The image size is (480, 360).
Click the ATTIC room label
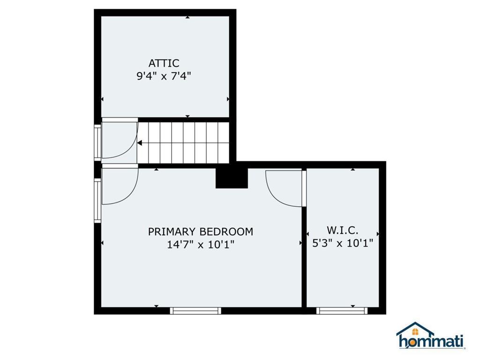(x=164, y=63)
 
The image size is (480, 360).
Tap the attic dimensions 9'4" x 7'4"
(x=164, y=76)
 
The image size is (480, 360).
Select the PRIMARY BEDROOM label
(x=201, y=232)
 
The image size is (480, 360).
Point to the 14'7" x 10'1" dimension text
(x=201, y=245)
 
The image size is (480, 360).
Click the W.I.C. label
(x=343, y=230)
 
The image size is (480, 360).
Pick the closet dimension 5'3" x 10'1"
(x=343, y=243)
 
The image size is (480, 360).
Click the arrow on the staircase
(x=140, y=143)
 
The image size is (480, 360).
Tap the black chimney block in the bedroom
(x=231, y=178)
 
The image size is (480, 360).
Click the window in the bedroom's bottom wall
(x=195, y=310)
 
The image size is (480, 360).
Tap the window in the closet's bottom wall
(x=342, y=310)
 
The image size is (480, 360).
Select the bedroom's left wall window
(x=97, y=200)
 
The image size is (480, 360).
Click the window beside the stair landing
(x=97, y=142)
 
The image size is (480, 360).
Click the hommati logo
(x=431, y=341)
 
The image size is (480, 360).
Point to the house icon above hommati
(x=415, y=329)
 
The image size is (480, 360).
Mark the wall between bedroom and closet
(x=304, y=253)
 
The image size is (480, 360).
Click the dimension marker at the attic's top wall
(x=187, y=17)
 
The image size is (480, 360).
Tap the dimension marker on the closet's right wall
(x=378, y=233)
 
